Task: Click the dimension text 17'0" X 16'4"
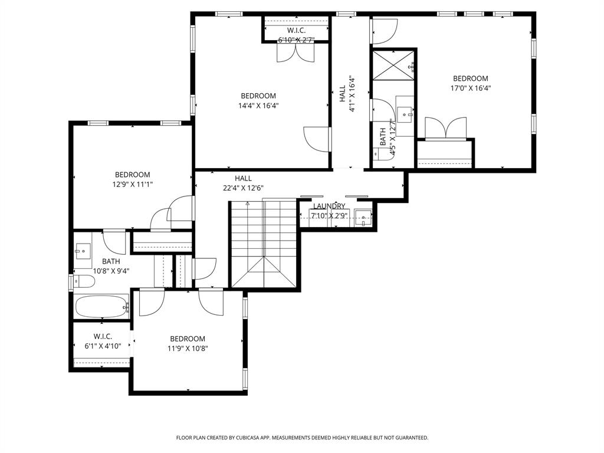[x=471, y=88]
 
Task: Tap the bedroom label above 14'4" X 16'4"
[x=258, y=96]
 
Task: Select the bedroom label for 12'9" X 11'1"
[x=132, y=175]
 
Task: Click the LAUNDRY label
[x=329, y=206]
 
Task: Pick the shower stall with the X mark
[x=392, y=65]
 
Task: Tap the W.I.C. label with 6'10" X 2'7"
[x=296, y=30]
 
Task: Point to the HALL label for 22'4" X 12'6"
[x=243, y=178]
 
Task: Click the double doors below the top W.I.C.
[x=296, y=53]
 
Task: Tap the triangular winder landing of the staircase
[x=264, y=273]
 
